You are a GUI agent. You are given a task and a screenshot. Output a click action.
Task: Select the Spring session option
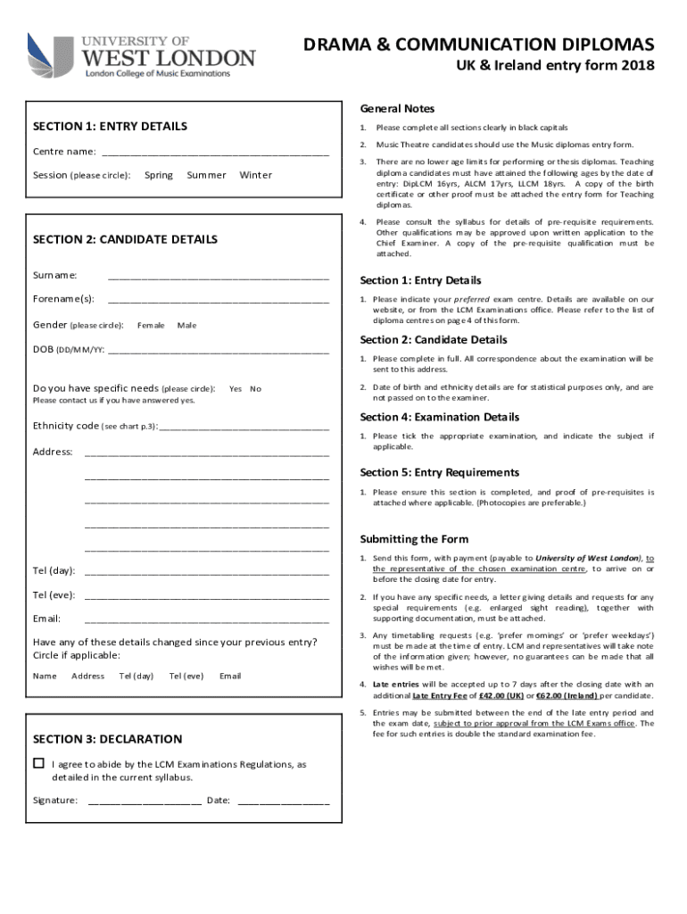coord(159,175)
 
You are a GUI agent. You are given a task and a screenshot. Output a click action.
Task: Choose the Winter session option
coord(256,175)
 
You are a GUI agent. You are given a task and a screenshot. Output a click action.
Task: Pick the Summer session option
coord(206,175)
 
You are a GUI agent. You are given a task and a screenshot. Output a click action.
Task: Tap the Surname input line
coord(219,276)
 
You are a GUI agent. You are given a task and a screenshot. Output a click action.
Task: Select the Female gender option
coord(151,325)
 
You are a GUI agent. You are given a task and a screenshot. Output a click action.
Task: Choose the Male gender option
coord(187,325)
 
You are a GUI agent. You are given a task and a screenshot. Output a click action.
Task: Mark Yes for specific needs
coord(236,389)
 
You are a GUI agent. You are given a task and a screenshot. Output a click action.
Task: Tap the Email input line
coord(207,619)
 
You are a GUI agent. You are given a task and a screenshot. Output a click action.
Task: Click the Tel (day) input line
coord(207,572)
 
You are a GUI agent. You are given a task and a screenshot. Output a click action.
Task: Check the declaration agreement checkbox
coord(38,764)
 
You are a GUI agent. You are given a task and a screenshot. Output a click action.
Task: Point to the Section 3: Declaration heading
coord(107,739)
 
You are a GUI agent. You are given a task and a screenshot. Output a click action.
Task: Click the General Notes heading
coord(397,109)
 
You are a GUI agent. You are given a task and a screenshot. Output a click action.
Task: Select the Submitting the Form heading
coord(414,539)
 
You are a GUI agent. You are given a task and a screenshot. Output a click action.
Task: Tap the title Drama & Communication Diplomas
coord(478,45)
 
